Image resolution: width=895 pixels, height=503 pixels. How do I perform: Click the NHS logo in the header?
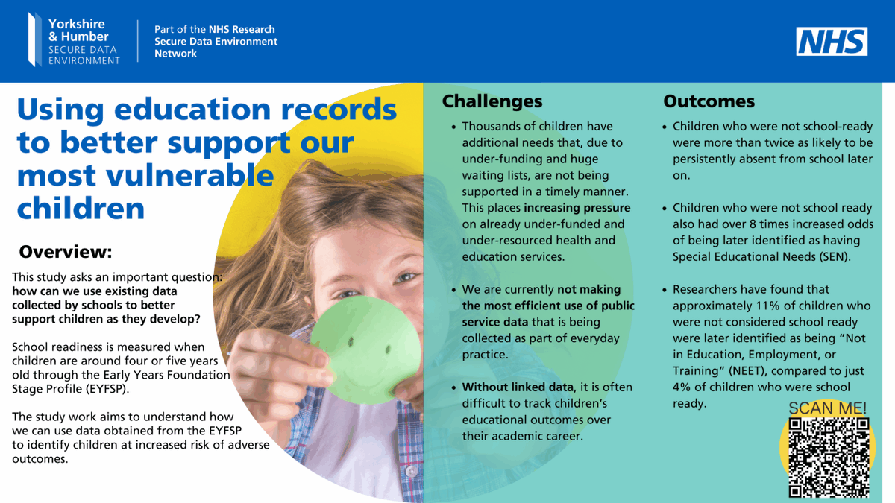pyautogui.click(x=832, y=42)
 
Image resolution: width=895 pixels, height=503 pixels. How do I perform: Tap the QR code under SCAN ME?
pyautogui.click(x=829, y=457)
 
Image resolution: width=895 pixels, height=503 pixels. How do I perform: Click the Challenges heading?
pyautogui.click(x=492, y=101)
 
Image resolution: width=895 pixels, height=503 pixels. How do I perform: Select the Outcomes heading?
pyautogui.click(x=709, y=101)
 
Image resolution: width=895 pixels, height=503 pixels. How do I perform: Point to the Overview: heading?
pyautogui.click(x=65, y=251)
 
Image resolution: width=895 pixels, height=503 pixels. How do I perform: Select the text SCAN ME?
pyautogui.click(x=827, y=408)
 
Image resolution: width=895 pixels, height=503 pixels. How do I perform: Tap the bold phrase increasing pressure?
pyautogui.click(x=577, y=208)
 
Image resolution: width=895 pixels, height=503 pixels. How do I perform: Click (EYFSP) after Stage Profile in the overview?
pyautogui.click(x=102, y=388)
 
